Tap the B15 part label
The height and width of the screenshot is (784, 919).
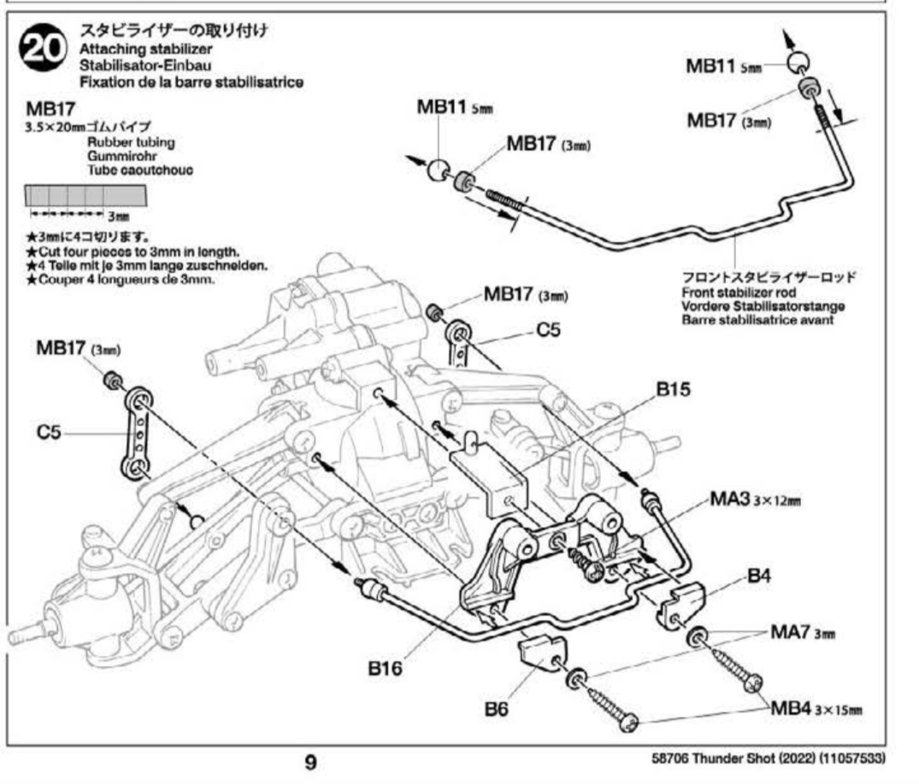[673, 390]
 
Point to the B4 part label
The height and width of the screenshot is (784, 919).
[759, 577]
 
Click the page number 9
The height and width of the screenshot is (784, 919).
[311, 761]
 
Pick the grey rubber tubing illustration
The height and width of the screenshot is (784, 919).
[85, 197]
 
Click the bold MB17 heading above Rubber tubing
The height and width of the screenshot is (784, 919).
[51, 109]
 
